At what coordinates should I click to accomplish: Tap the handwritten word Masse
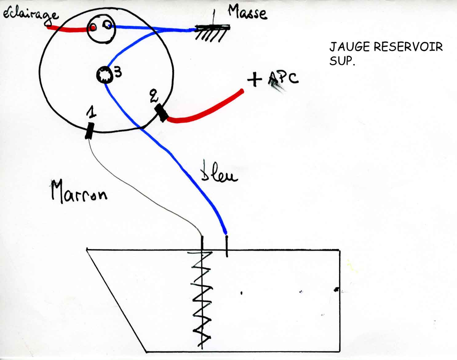(247, 13)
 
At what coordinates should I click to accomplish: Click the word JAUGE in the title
(349, 47)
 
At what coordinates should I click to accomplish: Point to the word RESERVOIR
(408, 47)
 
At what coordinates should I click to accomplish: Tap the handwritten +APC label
(272, 79)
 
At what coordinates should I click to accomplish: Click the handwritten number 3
(118, 72)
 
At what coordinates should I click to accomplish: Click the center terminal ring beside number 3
(104, 75)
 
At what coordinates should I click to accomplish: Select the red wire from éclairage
(69, 30)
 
